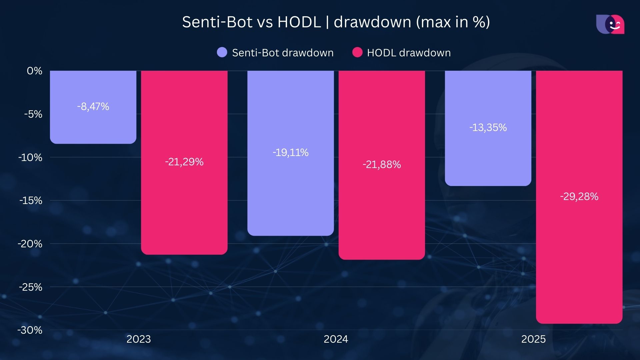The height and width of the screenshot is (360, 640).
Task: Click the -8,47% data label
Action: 93,107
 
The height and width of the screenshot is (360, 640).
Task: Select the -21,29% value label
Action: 184,162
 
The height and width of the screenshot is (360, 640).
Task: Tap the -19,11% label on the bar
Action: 290,153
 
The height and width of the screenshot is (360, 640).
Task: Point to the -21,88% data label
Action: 382,165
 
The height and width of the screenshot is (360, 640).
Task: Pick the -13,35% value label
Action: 488,128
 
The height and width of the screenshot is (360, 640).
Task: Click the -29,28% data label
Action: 579,197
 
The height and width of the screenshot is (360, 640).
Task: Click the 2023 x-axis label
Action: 139,339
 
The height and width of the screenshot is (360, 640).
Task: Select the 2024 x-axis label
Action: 336,339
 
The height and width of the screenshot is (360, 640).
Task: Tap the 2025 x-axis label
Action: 533,339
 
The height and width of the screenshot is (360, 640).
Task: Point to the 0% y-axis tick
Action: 35,71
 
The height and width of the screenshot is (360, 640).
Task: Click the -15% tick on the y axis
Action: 31,201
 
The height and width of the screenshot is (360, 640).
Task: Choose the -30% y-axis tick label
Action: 30,330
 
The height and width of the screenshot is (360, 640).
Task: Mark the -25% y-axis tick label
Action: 31,287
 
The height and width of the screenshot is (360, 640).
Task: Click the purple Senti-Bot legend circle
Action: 222,52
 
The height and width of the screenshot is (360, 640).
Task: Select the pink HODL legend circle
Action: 357,52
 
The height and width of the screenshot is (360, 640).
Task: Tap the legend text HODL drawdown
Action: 409,53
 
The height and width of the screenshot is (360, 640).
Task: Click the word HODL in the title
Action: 299,22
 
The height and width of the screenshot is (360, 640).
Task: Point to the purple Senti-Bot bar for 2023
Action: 93,127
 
